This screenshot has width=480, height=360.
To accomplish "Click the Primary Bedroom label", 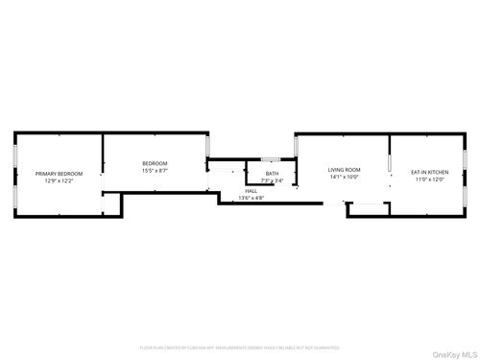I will [60, 173].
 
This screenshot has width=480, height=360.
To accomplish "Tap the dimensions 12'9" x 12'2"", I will [60, 180].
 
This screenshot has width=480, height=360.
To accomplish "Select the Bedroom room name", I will [155, 163].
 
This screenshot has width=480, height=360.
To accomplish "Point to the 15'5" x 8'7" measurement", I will [155, 171].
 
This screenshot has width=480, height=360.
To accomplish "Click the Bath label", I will [273, 173].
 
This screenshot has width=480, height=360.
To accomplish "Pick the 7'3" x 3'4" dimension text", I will [273, 180].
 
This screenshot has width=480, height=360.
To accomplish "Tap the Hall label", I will [251, 190].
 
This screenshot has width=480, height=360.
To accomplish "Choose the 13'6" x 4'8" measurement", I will [251, 198].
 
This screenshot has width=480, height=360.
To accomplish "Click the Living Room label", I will [344, 169].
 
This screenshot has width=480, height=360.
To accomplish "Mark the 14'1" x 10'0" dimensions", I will [344, 177].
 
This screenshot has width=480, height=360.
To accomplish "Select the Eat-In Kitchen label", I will [430, 171].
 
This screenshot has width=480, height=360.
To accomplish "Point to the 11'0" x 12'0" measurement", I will [430, 179].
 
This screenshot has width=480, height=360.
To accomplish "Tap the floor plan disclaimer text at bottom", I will [240, 347].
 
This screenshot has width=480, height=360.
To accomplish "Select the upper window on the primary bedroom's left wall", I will [13, 154].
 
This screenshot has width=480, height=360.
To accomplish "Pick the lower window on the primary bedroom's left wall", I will [13, 195].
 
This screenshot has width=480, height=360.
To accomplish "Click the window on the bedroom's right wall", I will [207, 146].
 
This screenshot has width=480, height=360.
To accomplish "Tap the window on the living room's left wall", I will [296, 146].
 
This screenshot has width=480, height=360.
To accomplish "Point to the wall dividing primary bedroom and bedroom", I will [103, 163].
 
